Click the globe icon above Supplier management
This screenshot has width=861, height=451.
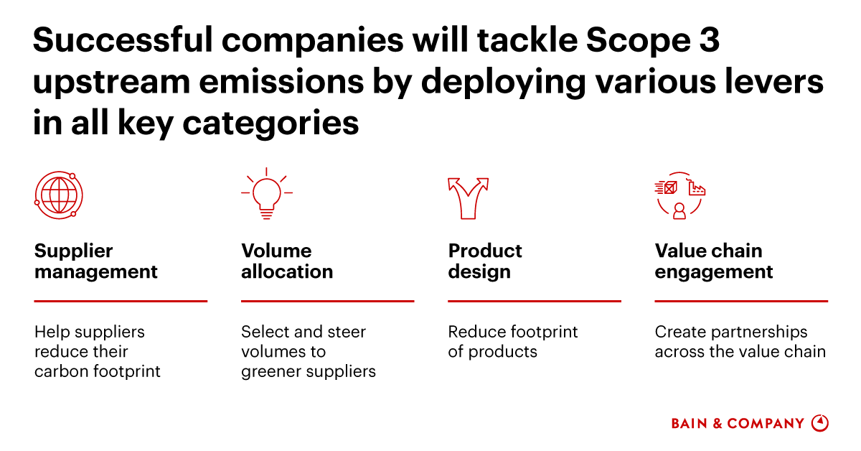(x=59, y=195)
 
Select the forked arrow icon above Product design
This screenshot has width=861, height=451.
(x=467, y=196)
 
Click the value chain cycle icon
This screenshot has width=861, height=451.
(x=679, y=195)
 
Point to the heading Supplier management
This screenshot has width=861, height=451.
(x=95, y=261)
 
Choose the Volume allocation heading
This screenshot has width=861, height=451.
(x=287, y=261)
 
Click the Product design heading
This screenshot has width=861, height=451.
(x=485, y=261)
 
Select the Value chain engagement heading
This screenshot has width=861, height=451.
(x=713, y=261)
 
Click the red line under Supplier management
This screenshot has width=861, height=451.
(x=121, y=301)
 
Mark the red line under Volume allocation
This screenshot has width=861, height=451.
(x=327, y=301)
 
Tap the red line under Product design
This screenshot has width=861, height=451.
(x=534, y=301)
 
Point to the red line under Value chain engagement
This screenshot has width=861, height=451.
(x=741, y=301)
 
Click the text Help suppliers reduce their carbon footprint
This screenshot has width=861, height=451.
(x=97, y=352)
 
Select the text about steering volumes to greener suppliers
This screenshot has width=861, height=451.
(x=308, y=352)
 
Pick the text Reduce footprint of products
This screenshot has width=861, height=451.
(x=512, y=342)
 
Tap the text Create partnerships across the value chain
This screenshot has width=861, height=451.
(x=740, y=342)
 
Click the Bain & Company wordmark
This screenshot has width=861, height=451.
(x=738, y=424)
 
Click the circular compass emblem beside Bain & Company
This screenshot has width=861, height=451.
(x=819, y=423)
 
